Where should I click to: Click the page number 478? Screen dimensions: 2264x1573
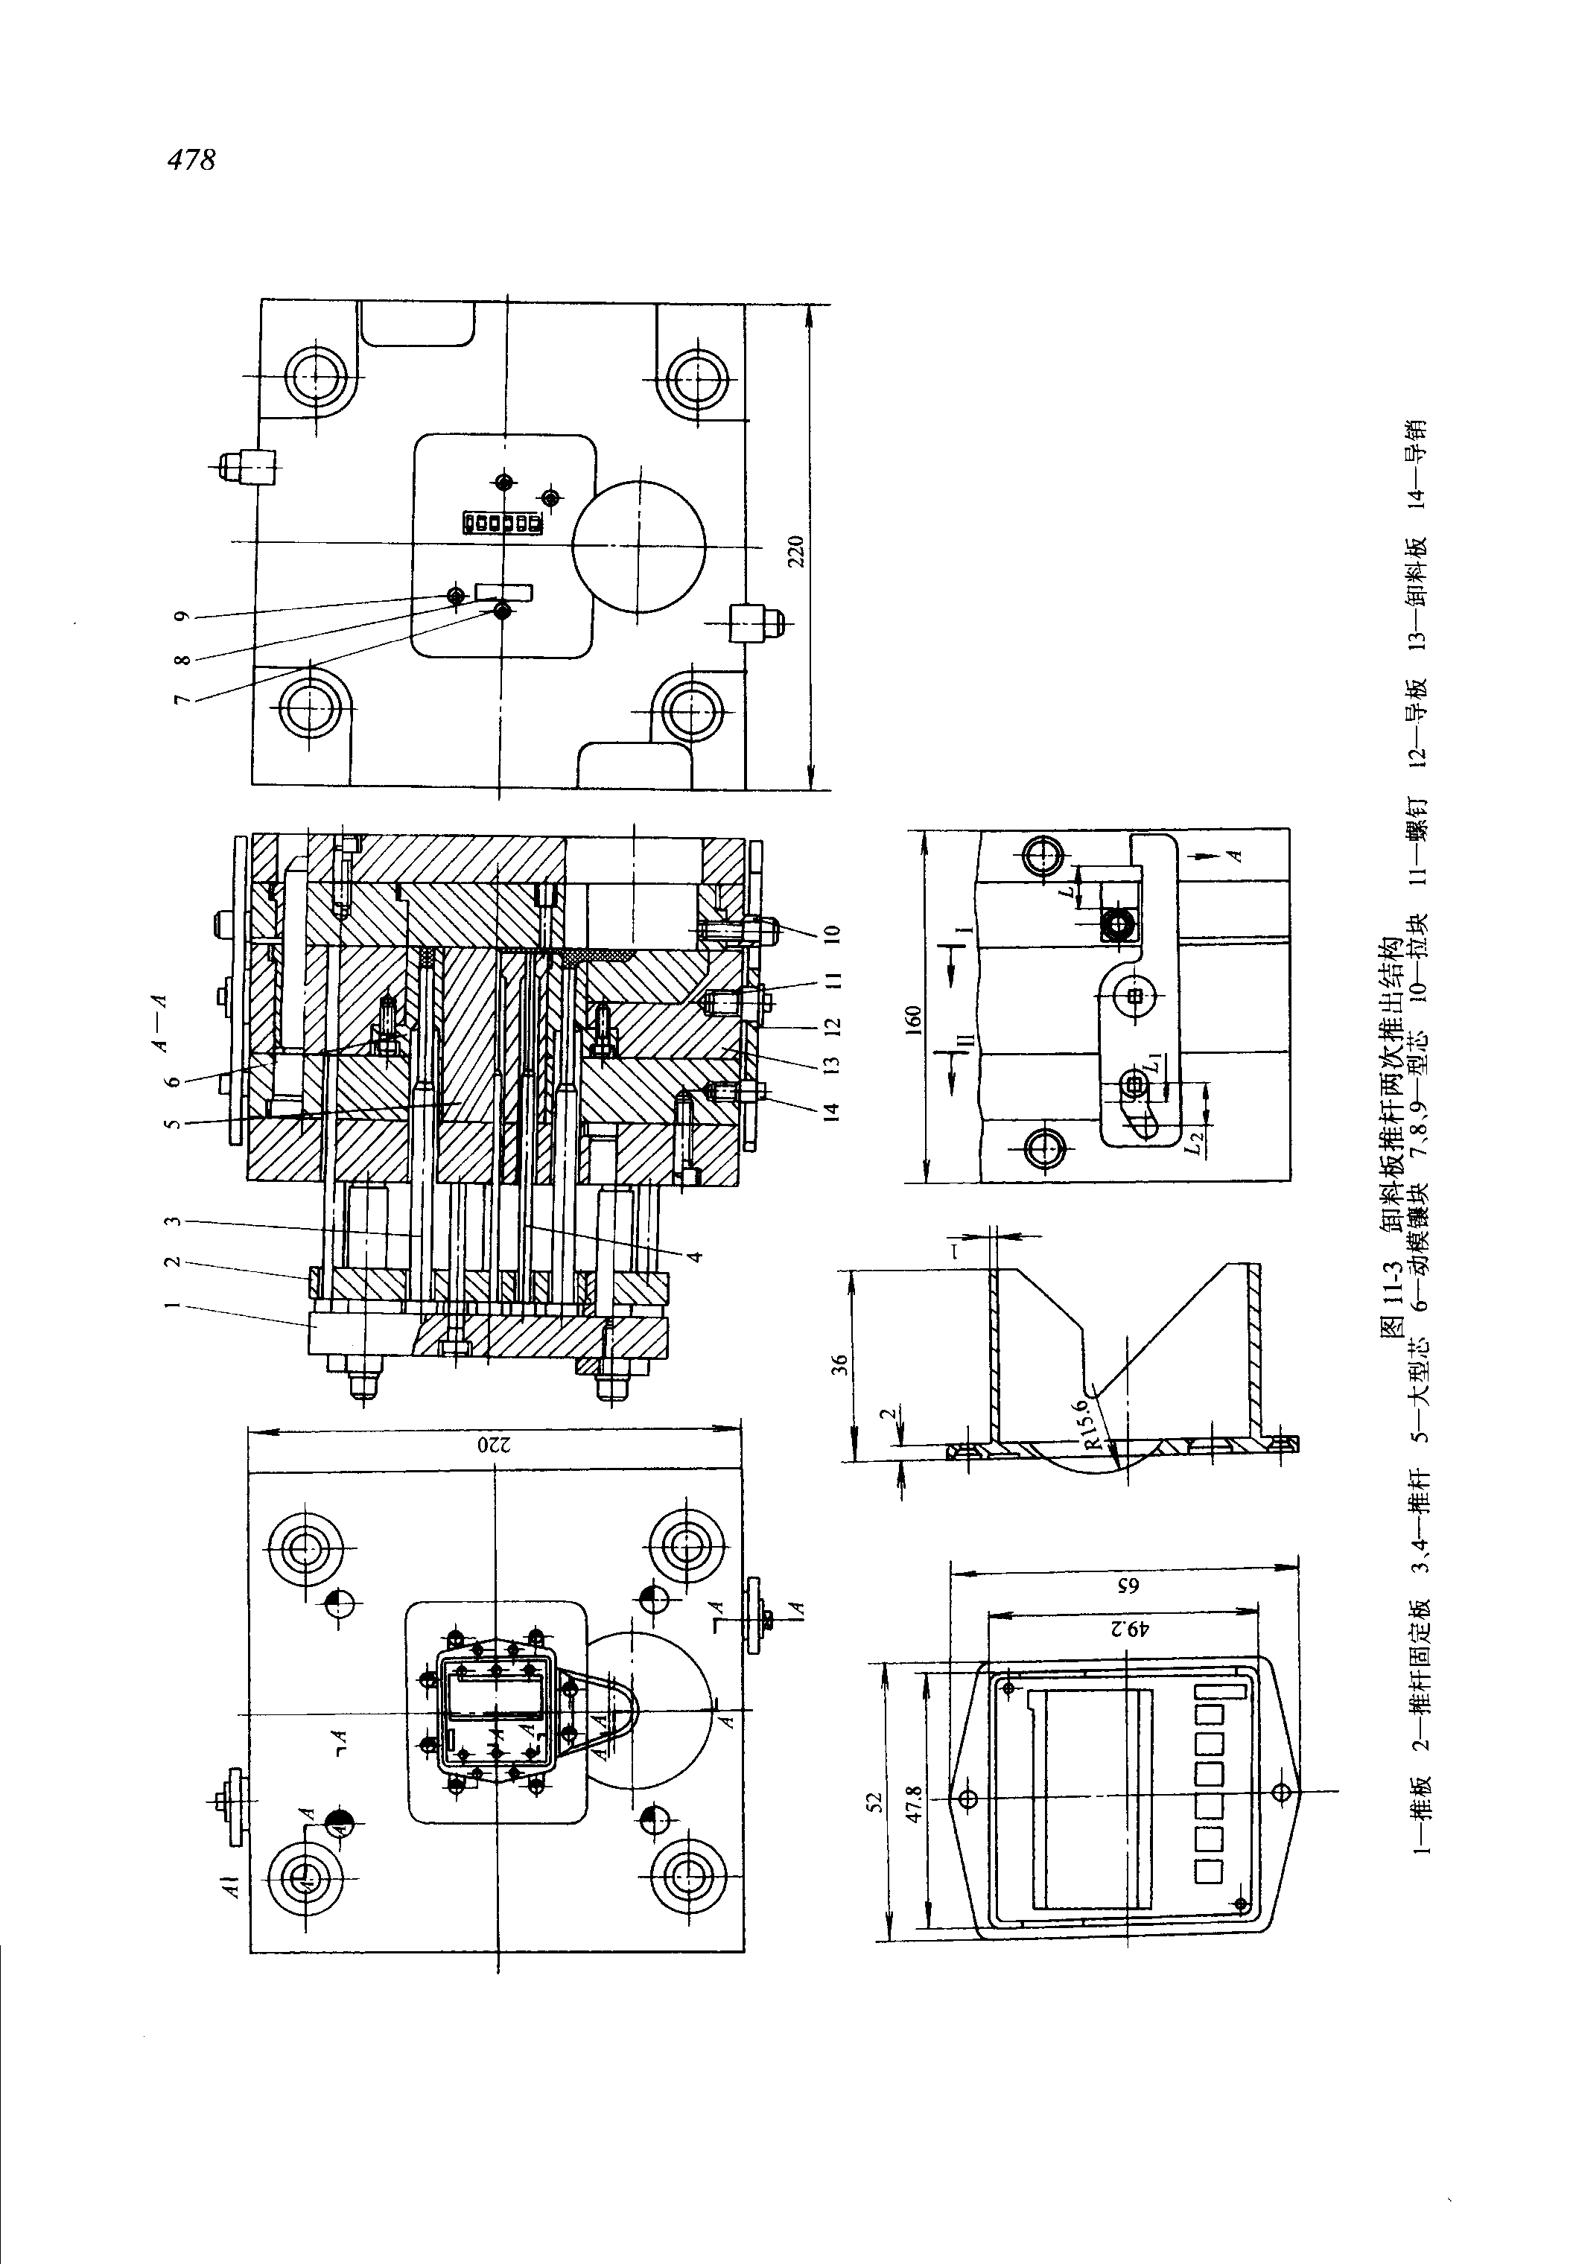(191, 159)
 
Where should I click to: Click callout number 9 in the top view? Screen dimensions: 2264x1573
(181, 617)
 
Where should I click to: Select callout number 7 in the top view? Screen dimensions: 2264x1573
(181, 698)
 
